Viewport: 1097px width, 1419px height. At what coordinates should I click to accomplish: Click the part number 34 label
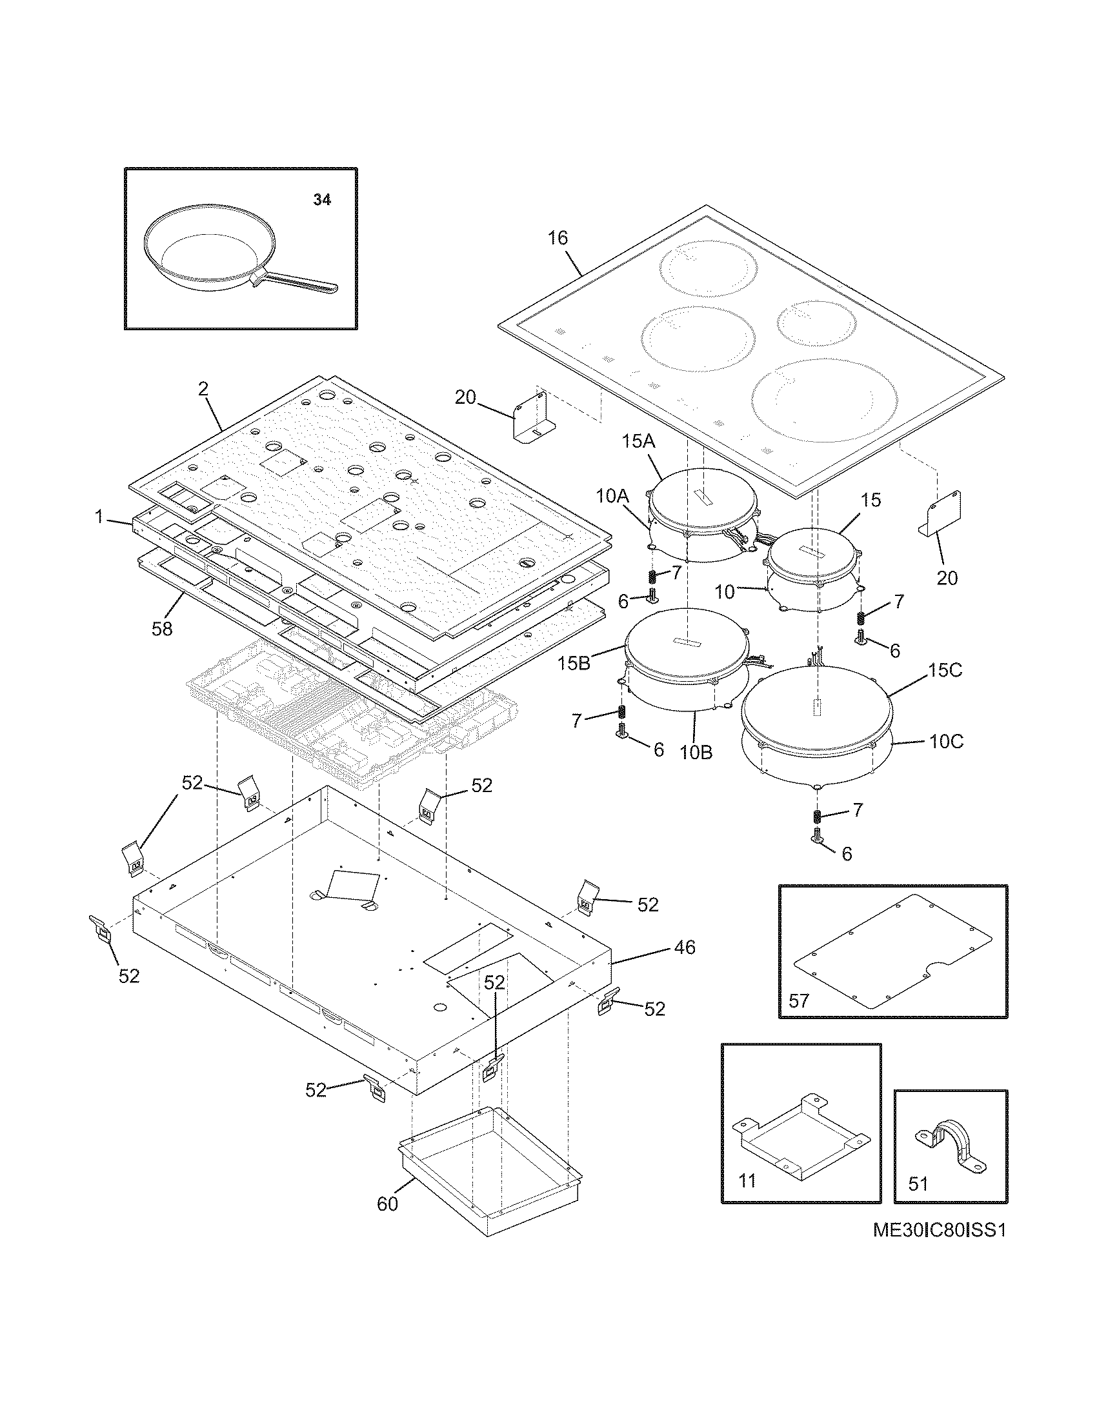[322, 200]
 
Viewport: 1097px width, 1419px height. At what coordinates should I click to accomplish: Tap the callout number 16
[557, 239]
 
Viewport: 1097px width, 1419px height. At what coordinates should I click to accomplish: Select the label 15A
[639, 443]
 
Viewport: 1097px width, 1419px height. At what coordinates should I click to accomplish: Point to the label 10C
[945, 741]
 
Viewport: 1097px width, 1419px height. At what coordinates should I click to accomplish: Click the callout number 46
[684, 948]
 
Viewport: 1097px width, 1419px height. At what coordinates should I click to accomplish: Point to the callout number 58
[162, 628]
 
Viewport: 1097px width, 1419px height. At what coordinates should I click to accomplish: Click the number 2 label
[203, 389]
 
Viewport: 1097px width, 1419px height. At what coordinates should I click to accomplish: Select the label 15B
[574, 664]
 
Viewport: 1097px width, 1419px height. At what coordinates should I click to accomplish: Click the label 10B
[697, 752]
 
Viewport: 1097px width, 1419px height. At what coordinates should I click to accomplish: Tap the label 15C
[945, 671]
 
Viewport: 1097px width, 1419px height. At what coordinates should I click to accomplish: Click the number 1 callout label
[99, 517]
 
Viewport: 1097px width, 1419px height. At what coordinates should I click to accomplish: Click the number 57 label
[799, 1000]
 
